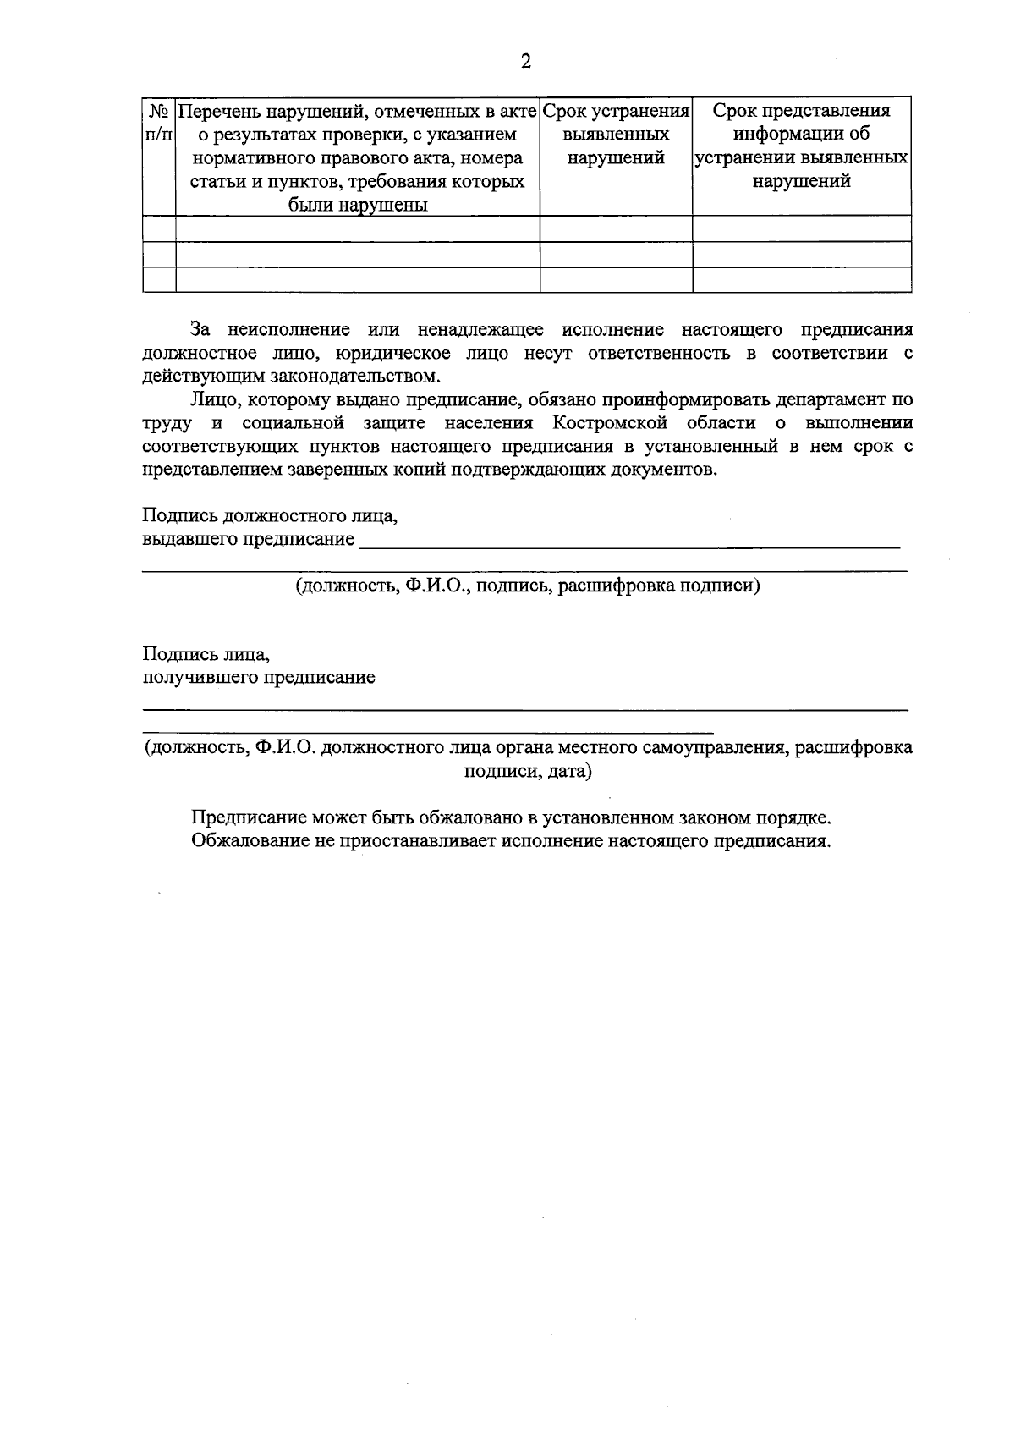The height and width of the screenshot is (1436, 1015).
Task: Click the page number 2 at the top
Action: pos(525,61)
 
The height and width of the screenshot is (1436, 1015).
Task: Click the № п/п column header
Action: pos(159,124)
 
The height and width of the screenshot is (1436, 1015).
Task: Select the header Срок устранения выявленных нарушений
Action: pos(616,135)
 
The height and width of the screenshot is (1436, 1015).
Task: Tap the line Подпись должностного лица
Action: pos(270,515)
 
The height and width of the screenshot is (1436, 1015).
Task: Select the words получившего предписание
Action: pos(258,678)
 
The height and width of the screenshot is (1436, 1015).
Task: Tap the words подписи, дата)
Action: pos(528,772)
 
